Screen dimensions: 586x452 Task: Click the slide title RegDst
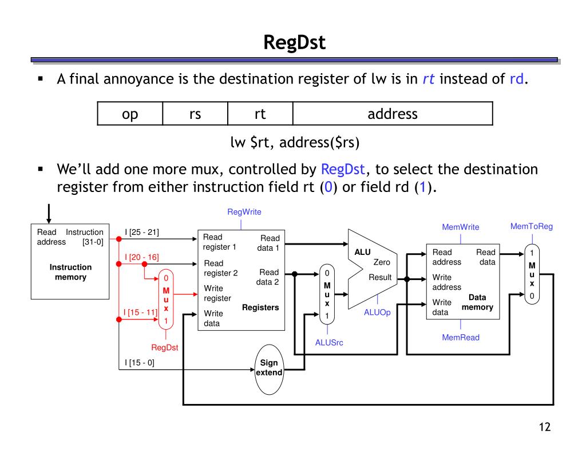point(295,42)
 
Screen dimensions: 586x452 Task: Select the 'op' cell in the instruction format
point(130,114)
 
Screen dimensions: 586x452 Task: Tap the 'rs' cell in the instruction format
point(195,114)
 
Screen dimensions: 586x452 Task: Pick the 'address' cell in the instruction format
point(393,114)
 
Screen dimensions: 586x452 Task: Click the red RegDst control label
point(164,347)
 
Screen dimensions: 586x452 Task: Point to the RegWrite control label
point(244,212)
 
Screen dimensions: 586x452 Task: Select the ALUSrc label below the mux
point(329,343)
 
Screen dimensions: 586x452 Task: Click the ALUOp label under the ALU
point(377,313)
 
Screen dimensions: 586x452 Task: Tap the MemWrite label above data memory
point(461,227)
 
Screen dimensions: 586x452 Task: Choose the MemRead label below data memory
point(461,337)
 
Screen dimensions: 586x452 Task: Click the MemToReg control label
point(532,226)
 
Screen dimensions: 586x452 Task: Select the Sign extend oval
point(269,369)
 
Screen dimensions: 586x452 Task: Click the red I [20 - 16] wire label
point(142,257)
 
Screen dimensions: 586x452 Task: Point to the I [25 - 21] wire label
point(142,232)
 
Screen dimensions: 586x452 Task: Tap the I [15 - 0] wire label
point(140,362)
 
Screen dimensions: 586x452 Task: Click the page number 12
point(545,427)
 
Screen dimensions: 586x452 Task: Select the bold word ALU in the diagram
point(362,252)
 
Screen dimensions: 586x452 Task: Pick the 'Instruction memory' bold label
point(70,272)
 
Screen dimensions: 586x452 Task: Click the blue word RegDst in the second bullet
point(343,170)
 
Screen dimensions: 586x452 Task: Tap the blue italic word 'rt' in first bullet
point(428,79)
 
